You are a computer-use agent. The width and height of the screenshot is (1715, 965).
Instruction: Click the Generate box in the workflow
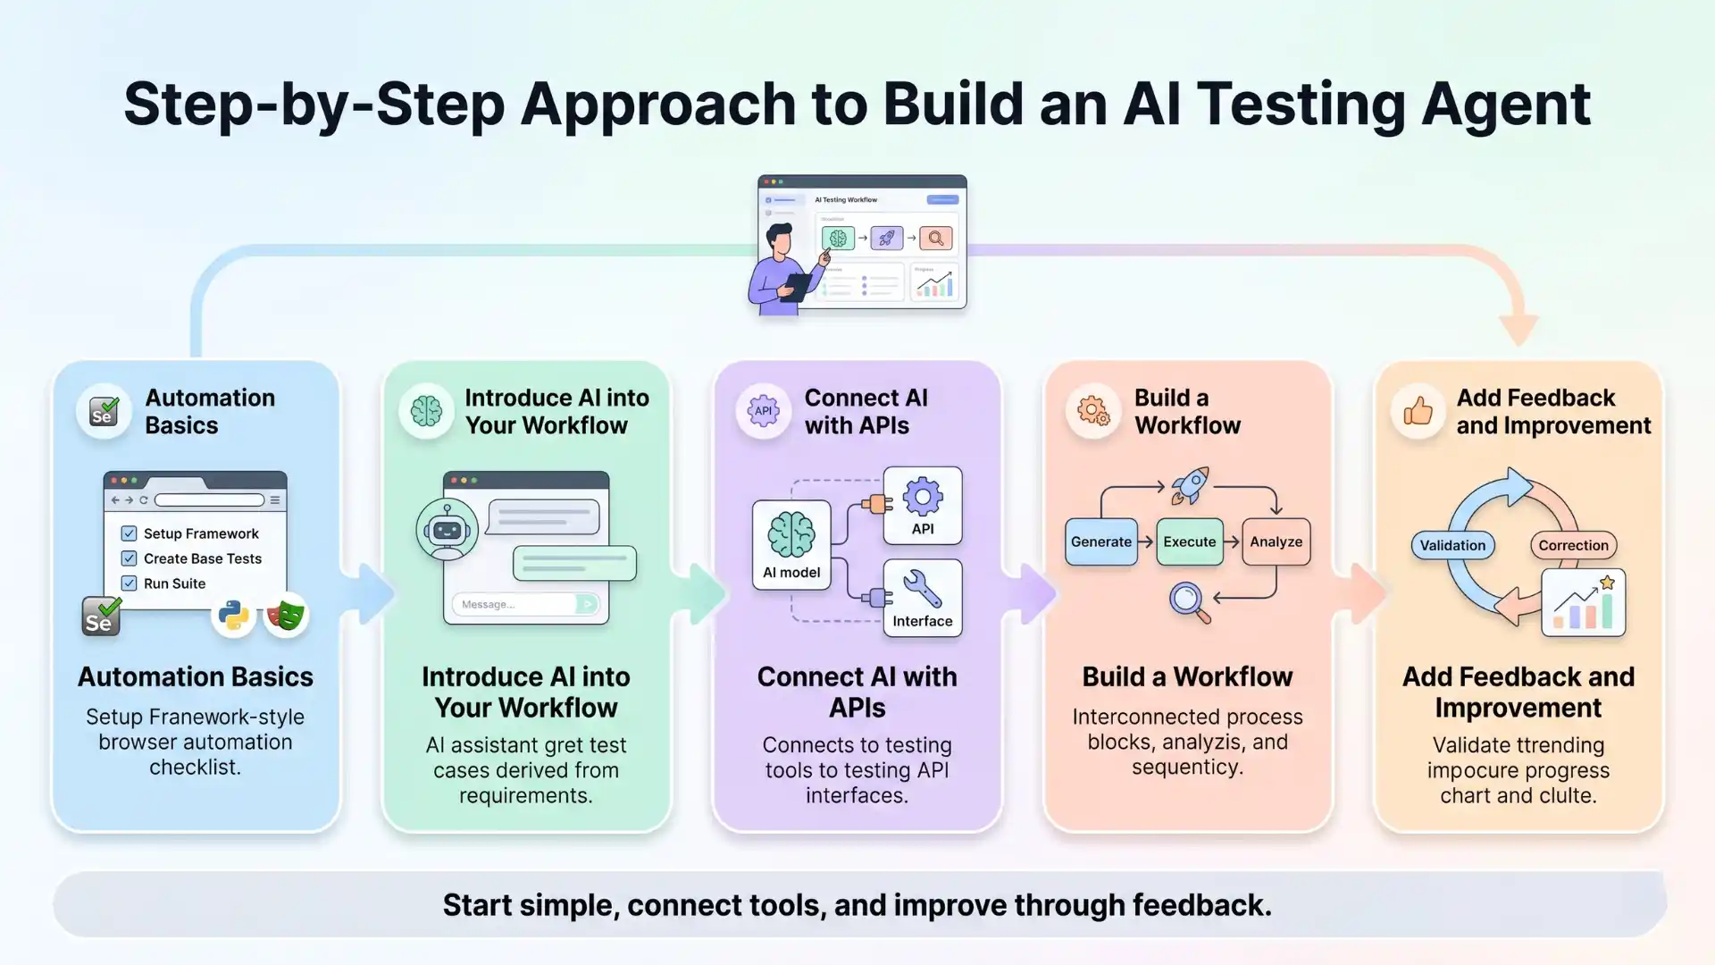tap(1100, 541)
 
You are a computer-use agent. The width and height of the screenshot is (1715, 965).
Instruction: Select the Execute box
tap(1189, 541)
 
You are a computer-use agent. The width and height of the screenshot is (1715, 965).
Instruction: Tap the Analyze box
tap(1276, 541)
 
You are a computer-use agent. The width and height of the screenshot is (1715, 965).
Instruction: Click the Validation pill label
tap(1452, 545)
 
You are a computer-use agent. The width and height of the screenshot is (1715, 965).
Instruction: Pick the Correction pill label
tap(1573, 545)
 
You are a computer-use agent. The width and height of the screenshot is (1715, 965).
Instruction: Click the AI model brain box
tap(791, 545)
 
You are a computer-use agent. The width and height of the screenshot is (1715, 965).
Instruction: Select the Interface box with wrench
tap(922, 598)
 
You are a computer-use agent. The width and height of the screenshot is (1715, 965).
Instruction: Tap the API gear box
tap(922, 505)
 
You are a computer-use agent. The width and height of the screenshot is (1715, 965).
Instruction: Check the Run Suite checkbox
tap(129, 583)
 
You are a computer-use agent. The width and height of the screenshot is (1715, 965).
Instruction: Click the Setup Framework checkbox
tap(129, 533)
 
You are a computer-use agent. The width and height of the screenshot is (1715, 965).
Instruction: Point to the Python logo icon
tap(233, 616)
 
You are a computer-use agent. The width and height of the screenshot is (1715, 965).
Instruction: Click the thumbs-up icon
tap(1418, 411)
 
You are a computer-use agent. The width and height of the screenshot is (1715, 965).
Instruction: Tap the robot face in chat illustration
tap(447, 530)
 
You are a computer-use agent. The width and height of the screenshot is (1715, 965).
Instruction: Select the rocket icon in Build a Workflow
tap(1191, 485)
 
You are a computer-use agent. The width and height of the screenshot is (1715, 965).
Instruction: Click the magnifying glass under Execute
tap(1189, 601)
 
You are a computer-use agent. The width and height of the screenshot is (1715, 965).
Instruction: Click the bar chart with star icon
tap(1583, 603)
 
